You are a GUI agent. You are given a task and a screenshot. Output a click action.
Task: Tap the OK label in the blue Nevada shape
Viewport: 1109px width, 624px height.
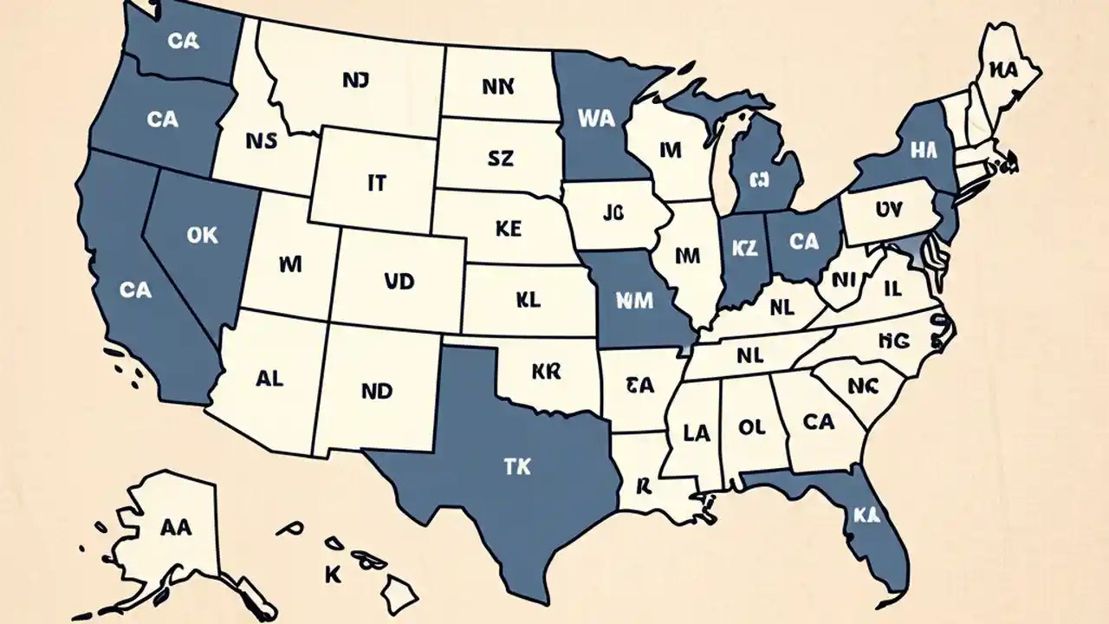pyautogui.click(x=202, y=235)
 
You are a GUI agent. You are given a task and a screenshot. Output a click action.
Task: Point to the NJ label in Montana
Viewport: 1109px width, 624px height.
pyautogui.click(x=355, y=81)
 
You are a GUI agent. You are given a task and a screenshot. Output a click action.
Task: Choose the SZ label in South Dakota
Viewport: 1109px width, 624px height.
pyautogui.click(x=500, y=158)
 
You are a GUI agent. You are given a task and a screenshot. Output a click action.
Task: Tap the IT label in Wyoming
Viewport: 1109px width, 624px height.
pyautogui.click(x=376, y=183)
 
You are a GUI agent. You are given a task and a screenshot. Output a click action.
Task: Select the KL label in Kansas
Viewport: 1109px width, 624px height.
pyautogui.click(x=527, y=300)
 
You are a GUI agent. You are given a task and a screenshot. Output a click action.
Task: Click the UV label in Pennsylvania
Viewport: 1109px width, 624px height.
pyautogui.click(x=888, y=209)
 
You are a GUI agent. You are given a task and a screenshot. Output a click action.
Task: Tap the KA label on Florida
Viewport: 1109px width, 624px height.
pyautogui.click(x=866, y=515)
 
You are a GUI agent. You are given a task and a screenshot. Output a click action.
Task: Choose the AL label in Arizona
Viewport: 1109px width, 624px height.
pyautogui.click(x=269, y=379)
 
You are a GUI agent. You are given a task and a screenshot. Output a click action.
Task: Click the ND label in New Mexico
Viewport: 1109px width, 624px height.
pyautogui.click(x=377, y=391)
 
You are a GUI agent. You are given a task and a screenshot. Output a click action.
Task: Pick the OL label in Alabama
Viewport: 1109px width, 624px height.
pyautogui.click(x=752, y=426)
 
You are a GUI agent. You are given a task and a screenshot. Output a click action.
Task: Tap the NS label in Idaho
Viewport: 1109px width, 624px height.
pyautogui.click(x=262, y=141)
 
